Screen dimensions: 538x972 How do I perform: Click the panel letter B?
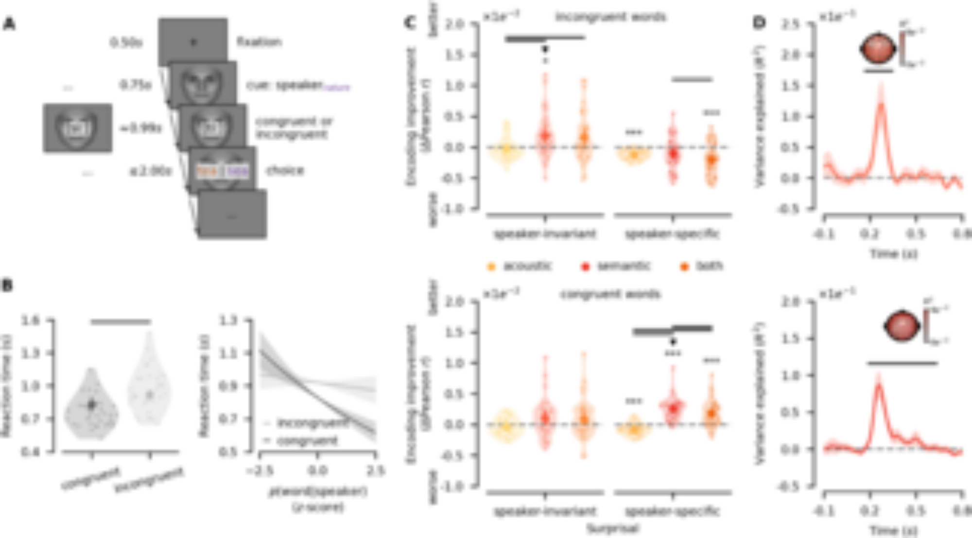[x=7, y=286]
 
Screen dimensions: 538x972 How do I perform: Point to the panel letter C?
[x=410, y=23]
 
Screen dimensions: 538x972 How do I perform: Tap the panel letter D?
[x=759, y=23]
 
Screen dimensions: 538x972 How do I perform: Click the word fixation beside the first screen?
[x=259, y=42]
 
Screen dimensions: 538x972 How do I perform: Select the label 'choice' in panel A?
[x=285, y=171]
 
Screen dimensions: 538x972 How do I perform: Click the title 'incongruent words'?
[x=610, y=18]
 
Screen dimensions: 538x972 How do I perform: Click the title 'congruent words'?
[x=610, y=295]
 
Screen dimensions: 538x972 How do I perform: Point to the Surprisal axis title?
[x=612, y=529]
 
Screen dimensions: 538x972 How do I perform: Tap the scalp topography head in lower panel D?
[x=902, y=325]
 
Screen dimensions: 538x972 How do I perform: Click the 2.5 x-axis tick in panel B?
[x=375, y=471]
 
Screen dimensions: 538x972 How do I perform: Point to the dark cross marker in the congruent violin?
[x=91, y=404]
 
